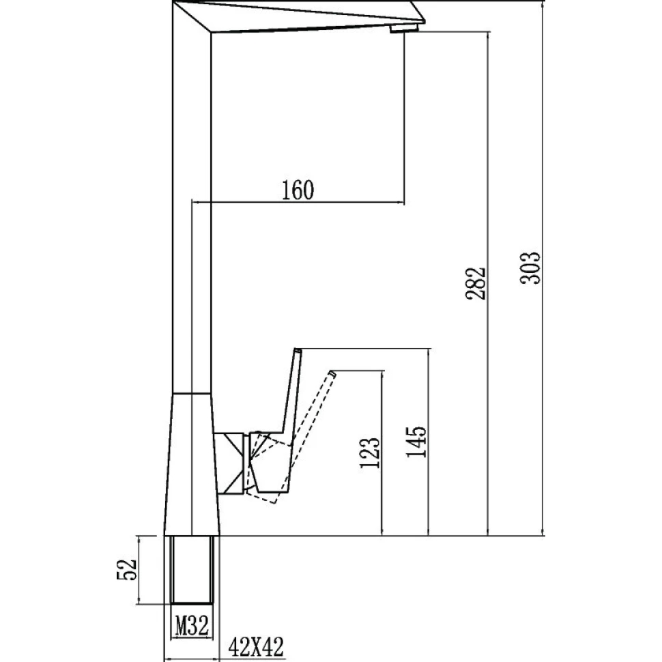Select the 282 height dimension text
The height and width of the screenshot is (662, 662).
(x=476, y=283)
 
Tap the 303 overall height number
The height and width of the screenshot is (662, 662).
(x=530, y=268)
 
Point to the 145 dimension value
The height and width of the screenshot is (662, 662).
(x=416, y=442)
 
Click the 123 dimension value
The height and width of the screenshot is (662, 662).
(x=370, y=452)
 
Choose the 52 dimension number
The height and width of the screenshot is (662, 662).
(x=127, y=570)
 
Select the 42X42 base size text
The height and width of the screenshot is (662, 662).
(x=257, y=646)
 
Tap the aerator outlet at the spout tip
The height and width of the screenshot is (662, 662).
(x=403, y=28)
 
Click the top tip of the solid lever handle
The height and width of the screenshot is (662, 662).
(x=298, y=350)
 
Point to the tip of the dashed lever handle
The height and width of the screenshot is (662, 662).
(x=332, y=373)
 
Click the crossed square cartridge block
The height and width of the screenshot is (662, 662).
(x=229, y=463)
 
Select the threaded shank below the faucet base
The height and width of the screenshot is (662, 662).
(x=192, y=570)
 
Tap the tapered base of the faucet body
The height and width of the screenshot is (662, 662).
(x=192, y=464)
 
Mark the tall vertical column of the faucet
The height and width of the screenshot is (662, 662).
(x=192, y=197)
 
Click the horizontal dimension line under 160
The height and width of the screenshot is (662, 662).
(x=298, y=202)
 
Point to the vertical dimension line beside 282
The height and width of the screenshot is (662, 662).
(x=489, y=283)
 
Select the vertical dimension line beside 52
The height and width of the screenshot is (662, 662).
(x=139, y=570)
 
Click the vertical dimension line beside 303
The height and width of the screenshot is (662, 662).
(x=543, y=268)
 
